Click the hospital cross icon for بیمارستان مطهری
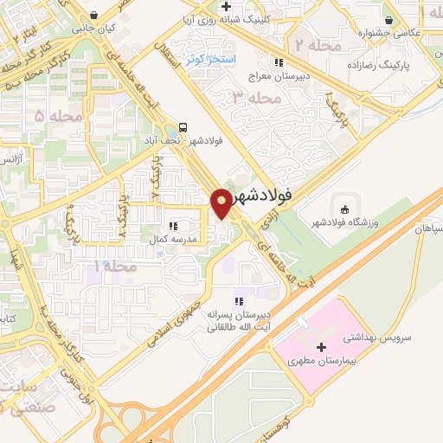click(x=322, y=347)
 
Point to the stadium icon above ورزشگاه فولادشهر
click(x=344, y=209)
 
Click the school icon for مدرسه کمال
click(x=174, y=226)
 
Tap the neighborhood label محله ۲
click(x=311, y=44)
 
